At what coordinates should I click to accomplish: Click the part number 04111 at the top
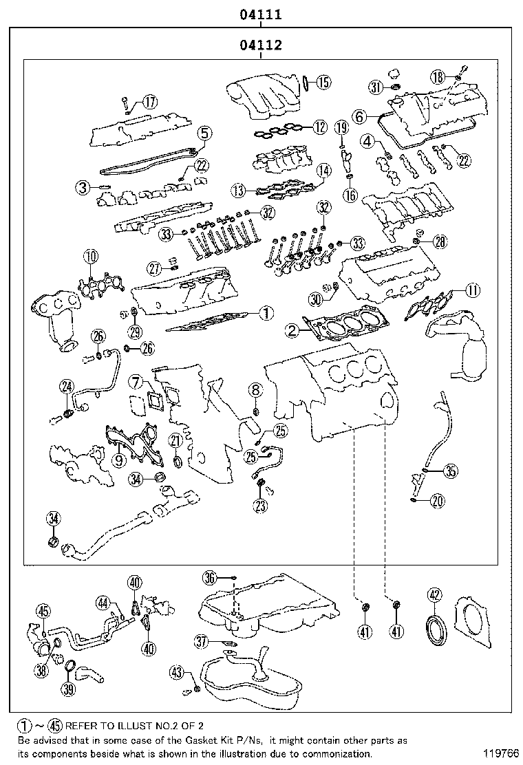pos(261,14)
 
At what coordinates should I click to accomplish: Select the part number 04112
pos(261,46)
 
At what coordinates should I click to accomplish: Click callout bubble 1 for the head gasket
pos(266,313)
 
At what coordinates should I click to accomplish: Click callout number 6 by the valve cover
pos(359,117)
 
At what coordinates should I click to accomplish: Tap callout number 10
pos(90,257)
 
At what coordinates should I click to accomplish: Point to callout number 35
pos(449,471)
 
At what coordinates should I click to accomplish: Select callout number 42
pos(434,596)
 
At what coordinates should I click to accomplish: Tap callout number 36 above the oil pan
pos(210,577)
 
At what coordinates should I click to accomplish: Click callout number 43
pos(177,671)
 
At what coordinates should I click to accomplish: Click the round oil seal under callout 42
pos(435,628)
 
